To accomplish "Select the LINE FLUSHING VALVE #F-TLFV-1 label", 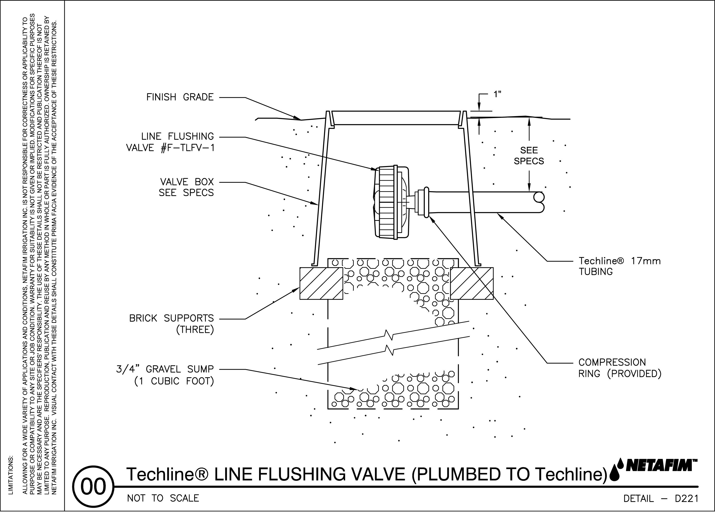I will [x=170, y=142].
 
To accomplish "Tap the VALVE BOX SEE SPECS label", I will [x=186, y=187].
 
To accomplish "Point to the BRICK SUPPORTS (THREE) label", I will [x=172, y=324].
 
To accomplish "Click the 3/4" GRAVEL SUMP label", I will [x=165, y=375].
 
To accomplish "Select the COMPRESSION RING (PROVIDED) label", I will [x=620, y=368].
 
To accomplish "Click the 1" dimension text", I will [x=497, y=94].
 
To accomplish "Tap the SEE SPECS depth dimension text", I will [x=529, y=156].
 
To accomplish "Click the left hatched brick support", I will [x=321, y=283].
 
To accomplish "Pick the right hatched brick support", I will [x=472, y=283].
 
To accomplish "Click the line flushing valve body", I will [x=391, y=202].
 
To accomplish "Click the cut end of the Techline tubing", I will [x=538, y=202].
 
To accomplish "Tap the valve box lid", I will [x=396, y=118].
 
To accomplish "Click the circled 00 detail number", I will [x=93, y=487].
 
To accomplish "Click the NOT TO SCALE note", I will [x=163, y=498].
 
